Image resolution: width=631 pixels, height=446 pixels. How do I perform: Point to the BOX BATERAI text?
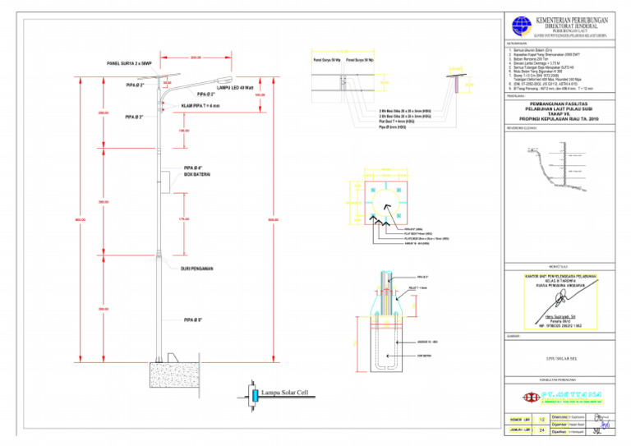[198, 174]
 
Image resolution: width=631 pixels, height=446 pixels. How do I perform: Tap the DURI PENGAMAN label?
[197, 269]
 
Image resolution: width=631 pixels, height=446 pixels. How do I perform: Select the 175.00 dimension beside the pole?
[183, 219]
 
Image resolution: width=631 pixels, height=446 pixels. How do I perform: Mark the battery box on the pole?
[164, 180]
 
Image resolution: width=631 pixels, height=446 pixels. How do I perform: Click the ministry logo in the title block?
[520, 25]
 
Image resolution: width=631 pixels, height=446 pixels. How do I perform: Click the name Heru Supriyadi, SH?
[563, 315]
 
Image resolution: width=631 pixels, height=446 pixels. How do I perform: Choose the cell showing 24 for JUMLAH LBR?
[541, 430]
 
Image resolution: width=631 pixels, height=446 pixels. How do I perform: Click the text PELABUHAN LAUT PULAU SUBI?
[564, 108]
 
